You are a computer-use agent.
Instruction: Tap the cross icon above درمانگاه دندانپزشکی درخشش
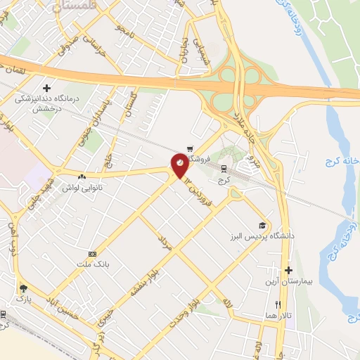pos(47,89)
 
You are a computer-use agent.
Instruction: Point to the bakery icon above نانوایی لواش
pos(84,176)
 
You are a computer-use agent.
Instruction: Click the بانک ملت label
pos(91,264)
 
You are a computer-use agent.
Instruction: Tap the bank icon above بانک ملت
pos(92,254)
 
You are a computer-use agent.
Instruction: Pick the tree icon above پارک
pos(24,288)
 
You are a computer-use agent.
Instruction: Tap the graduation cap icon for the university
pos(263,226)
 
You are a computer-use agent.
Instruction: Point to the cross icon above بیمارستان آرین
pos(288,271)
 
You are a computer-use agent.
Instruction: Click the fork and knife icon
pos(278,304)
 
